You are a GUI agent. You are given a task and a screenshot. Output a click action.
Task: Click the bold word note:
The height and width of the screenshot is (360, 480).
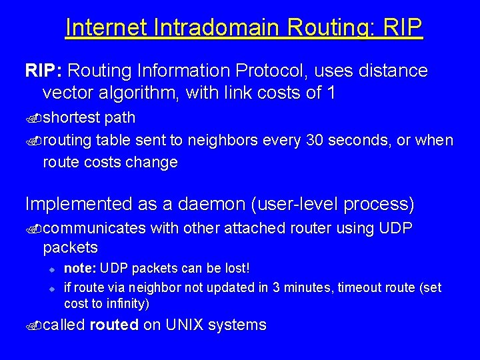click(80, 268)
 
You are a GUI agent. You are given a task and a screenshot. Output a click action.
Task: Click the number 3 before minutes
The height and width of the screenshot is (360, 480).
click(282, 287)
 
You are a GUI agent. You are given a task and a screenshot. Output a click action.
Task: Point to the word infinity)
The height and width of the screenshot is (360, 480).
click(127, 304)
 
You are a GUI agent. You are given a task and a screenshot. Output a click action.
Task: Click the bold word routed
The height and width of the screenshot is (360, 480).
click(114, 325)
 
